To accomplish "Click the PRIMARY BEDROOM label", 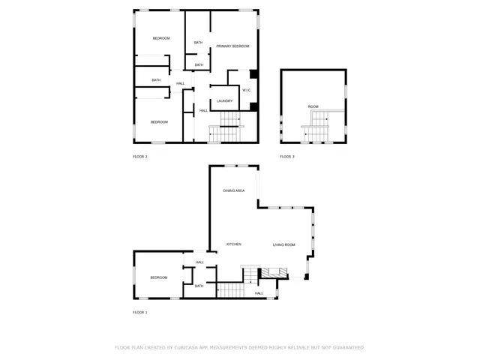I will pos(232,46).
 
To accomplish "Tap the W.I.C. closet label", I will pos(245,90).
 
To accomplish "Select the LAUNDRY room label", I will pos(224,100).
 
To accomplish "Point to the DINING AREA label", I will pos(234,191).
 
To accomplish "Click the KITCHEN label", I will pos(234,244).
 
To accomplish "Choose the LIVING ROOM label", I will pos(283,244).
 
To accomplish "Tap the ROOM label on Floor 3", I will pos(313,106).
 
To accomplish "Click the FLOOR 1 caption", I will pos(140,312).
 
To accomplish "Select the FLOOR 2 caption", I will pos(140,157).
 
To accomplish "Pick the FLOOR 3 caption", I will pos(287,157).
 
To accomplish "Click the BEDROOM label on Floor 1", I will pos(158,277).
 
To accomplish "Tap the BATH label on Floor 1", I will pos(199,286).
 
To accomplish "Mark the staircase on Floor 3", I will pos(318,127).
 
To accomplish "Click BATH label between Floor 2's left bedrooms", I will pos(156,80).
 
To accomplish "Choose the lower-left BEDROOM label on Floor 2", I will pos(159,121).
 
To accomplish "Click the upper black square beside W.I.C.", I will pos(254,73).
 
